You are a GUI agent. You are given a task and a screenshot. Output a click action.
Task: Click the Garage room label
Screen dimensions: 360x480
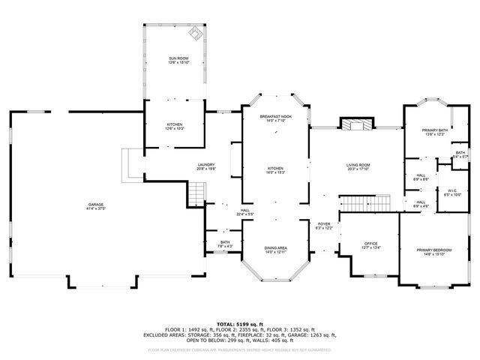point(95,203)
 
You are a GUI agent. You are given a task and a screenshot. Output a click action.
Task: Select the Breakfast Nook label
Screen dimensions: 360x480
point(275,118)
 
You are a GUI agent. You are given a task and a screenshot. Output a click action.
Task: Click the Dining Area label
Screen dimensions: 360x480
point(275,248)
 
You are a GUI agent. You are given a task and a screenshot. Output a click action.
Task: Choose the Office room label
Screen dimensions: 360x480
point(370,244)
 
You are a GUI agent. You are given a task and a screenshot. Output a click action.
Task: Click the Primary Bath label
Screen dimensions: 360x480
point(434,130)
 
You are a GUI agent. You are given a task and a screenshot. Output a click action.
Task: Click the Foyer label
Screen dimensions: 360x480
point(323,224)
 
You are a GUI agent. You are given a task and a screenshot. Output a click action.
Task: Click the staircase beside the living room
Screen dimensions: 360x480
point(367,202)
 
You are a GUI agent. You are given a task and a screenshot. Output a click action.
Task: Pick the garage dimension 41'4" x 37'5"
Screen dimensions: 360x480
point(95,208)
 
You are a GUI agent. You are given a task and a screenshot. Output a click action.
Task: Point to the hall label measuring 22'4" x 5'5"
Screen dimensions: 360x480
point(245,213)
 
